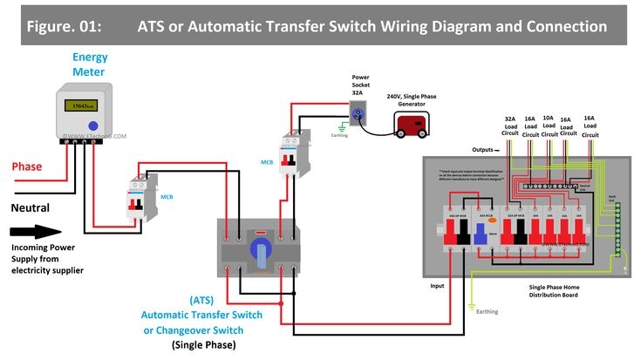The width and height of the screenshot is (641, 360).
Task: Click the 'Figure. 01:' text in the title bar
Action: coord(63,27)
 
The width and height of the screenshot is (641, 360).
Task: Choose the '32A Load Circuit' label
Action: coord(510,126)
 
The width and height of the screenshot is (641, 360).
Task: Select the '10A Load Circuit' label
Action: coord(549,126)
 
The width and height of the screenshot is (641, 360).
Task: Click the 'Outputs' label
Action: coord(484,150)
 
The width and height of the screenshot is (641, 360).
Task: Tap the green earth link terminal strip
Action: coord(618,227)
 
